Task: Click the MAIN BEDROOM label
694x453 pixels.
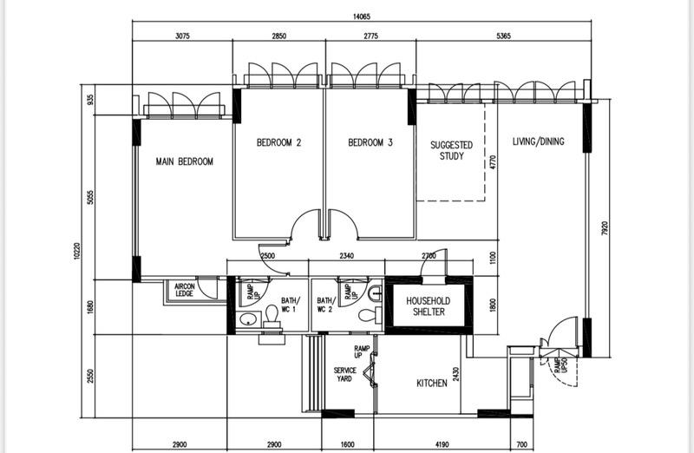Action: pyautogui.click(x=184, y=161)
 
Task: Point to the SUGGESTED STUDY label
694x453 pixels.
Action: pyautogui.click(x=452, y=151)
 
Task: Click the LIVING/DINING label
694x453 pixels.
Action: pyautogui.click(x=538, y=141)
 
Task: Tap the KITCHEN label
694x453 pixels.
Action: pyautogui.click(x=431, y=383)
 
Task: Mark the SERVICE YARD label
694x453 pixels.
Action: pyautogui.click(x=345, y=375)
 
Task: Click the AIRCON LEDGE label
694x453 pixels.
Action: pyautogui.click(x=184, y=290)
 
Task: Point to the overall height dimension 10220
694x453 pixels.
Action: pyautogui.click(x=77, y=258)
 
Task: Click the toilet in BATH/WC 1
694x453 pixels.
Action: pyautogui.click(x=271, y=313)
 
